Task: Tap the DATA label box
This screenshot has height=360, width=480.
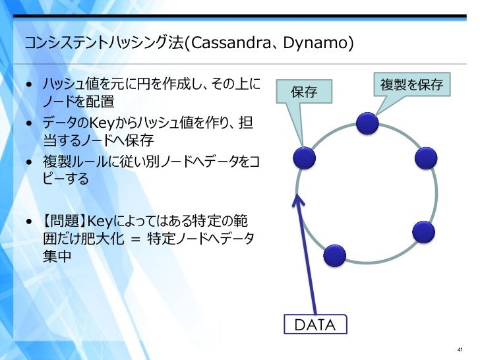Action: click(x=315, y=324)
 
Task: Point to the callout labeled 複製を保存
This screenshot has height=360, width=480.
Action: click(x=411, y=84)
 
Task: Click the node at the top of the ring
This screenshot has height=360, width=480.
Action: click(x=367, y=123)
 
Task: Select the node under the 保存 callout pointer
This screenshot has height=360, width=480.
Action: click(x=305, y=158)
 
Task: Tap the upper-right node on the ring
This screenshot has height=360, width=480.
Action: click(x=427, y=159)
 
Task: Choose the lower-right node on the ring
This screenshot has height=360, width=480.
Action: click(x=423, y=231)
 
